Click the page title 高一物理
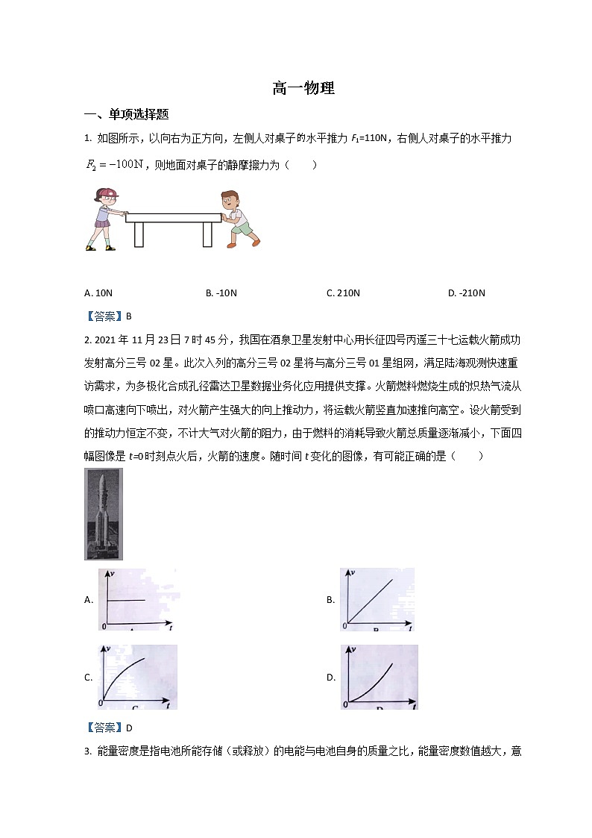point(303,89)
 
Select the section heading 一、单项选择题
point(126,115)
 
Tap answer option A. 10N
point(98,293)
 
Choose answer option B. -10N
point(221,293)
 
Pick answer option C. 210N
point(343,293)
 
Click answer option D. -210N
point(466,293)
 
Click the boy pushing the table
point(236,218)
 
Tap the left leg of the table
point(139,234)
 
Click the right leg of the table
point(207,234)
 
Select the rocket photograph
point(103,514)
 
